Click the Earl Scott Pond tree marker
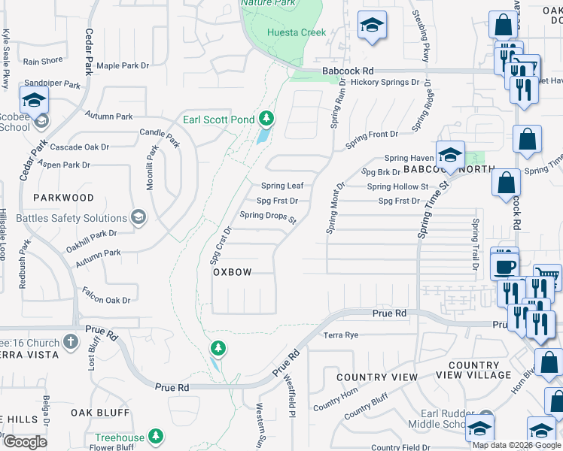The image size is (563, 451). pyautogui.click(x=266, y=119)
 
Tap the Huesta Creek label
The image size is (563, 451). pyautogui.click(x=298, y=32)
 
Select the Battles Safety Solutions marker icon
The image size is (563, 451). pyautogui.click(x=138, y=218)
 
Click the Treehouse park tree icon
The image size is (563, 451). pyautogui.click(x=156, y=437)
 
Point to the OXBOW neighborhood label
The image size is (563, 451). pyautogui.click(x=232, y=272)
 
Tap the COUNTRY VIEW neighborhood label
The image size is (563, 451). pyautogui.click(x=377, y=377)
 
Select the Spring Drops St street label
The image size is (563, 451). pyautogui.click(x=269, y=216)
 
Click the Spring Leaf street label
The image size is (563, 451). pyautogui.click(x=282, y=186)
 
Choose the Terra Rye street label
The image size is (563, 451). pyautogui.click(x=340, y=335)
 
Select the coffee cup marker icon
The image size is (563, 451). pyautogui.click(x=504, y=266)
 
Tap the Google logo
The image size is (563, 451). pyautogui.click(x=25, y=442)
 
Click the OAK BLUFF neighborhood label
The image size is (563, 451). pyautogui.click(x=100, y=413)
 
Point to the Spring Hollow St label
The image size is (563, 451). pyautogui.click(x=397, y=186)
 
